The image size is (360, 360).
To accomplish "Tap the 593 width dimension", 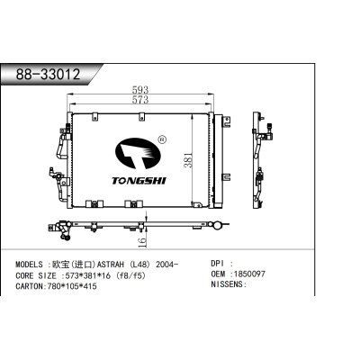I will coord(141,88).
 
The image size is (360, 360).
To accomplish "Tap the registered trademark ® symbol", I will coord(161,139).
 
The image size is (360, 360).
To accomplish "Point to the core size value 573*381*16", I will coord(93,274).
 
